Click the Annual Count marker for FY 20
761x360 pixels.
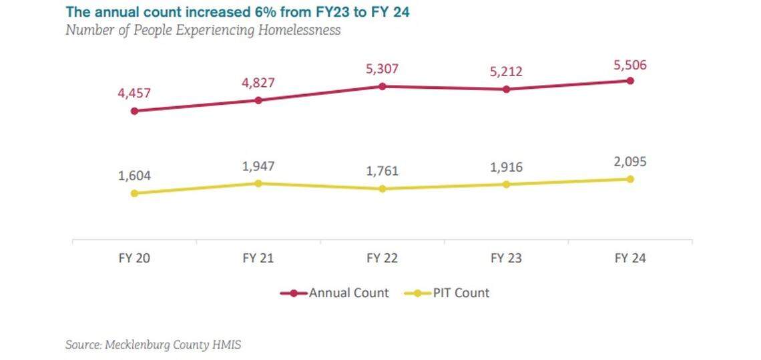pyautogui.click(x=134, y=111)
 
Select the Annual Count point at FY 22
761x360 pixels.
pyautogui.click(x=383, y=86)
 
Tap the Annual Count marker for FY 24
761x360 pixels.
pyautogui.click(x=630, y=81)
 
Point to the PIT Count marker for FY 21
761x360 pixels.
pyautogui.click(x=258, y=183)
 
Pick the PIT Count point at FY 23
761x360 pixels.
pyautogui.click(x=506, y=184)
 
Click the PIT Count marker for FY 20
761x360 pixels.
pyautogui.click(x=134, y=193)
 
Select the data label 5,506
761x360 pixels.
pyautogui.click(x=630, y=65)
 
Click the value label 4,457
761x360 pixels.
pyautogui.click(x=134, y=93)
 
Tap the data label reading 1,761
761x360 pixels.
pyautogui.click(x=383, y=171)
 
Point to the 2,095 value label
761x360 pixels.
pyautogui.click(x=630, y=162)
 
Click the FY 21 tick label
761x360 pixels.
pyautogui.click(x=258, y=258)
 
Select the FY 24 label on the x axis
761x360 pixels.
pyautogui.click(x=630, y=258)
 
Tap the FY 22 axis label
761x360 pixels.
pyautogui.click(x=383, y=258)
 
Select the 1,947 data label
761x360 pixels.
pyautogui.click(x=258, y=166)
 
